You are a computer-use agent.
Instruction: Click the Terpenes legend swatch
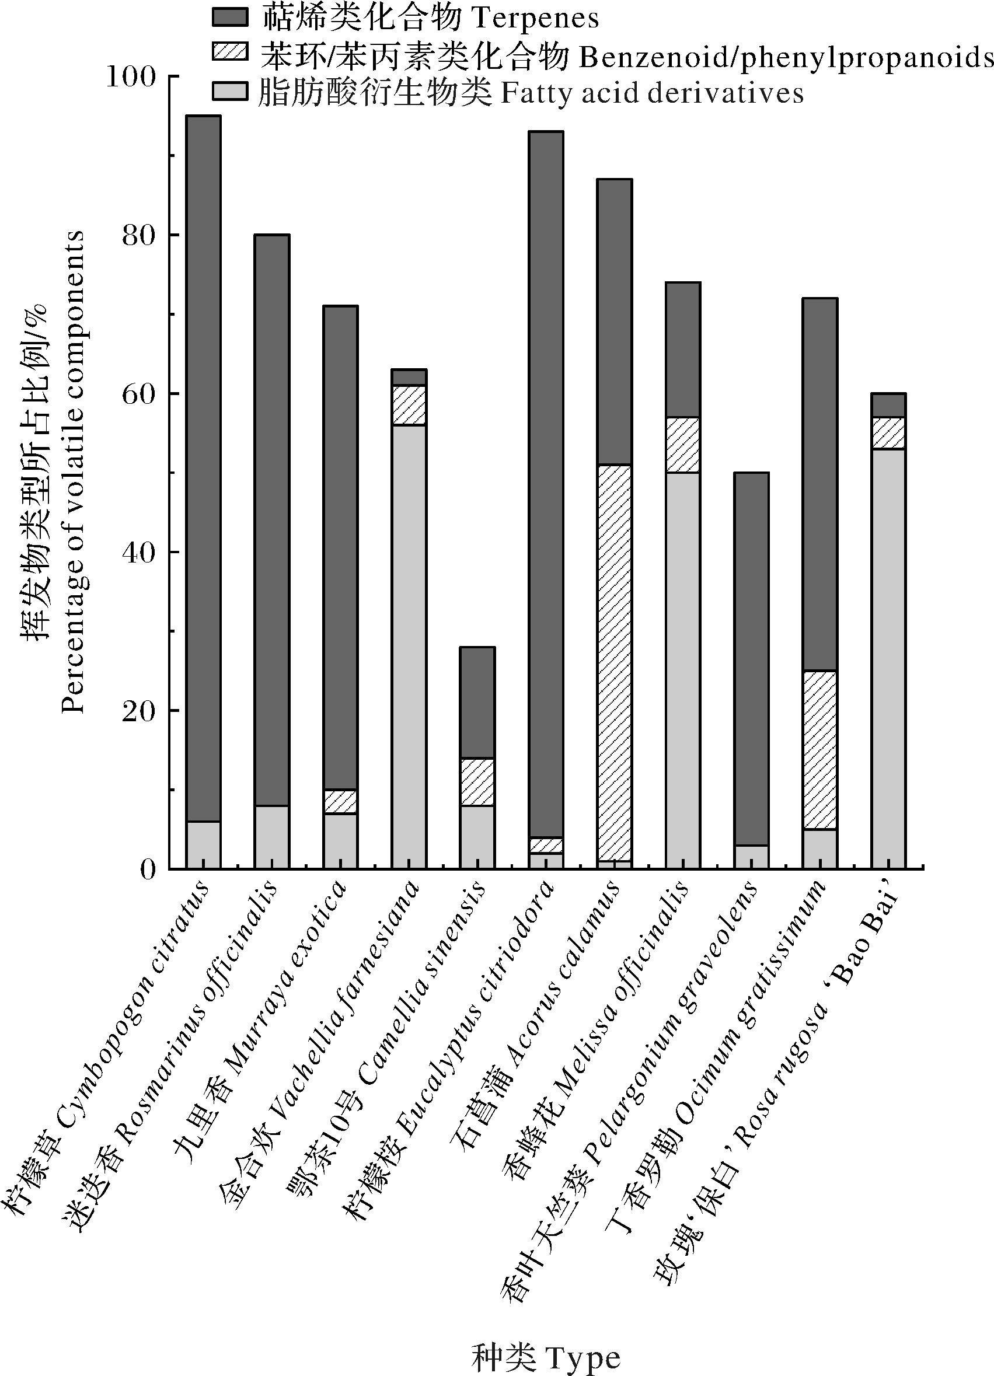(230, 17)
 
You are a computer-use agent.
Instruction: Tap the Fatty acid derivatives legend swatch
(230, 92)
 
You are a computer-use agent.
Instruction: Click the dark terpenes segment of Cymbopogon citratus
(203, 467)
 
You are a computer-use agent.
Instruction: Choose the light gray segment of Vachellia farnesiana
(409, 646)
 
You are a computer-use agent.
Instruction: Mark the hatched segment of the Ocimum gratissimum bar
(820, 750)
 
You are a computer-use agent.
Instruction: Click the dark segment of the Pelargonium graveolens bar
(751, 658)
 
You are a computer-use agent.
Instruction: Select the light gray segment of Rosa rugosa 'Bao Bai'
(888, 658)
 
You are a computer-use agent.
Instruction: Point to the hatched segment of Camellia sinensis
(477, 782)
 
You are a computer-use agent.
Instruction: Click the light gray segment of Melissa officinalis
(683, 670)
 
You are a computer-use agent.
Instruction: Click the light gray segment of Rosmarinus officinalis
(272, 837)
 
